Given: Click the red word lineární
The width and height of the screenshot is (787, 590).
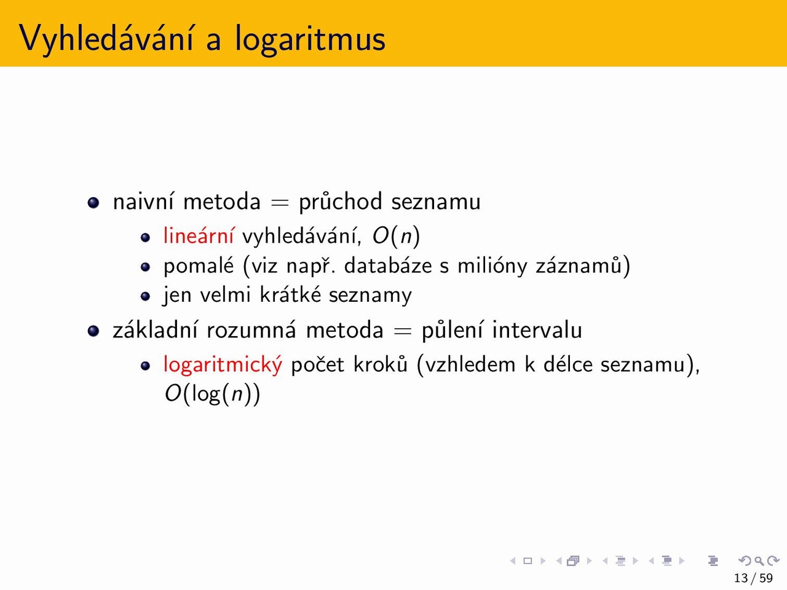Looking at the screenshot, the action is (x=199, y=235).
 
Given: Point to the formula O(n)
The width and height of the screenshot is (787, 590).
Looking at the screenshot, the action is (x=396, y=236).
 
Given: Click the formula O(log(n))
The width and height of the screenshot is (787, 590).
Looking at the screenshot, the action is (x=212, y=394).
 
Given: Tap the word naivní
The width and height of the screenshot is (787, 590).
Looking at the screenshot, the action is (x=143, y=202).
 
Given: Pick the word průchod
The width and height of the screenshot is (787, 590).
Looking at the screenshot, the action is (x=341, y=202).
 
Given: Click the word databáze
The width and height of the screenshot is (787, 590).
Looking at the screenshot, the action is (x=388, y=265).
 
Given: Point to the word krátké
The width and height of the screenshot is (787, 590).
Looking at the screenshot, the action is (x=290, y=295).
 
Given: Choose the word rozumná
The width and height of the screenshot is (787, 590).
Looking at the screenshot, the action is (x=251, y=330).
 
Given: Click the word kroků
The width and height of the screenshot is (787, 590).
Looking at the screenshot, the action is (x=381, y=364).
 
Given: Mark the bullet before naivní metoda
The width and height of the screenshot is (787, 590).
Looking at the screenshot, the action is (x=93, y=202).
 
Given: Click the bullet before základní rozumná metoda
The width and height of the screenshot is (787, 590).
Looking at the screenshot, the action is (x=93, y=331).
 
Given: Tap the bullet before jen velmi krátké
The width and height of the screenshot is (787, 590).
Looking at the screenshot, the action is (x=145, y=296).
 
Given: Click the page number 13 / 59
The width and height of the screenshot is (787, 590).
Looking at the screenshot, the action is (x=753, y=578).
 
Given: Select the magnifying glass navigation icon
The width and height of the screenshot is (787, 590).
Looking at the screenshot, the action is (x=759, y=560).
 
